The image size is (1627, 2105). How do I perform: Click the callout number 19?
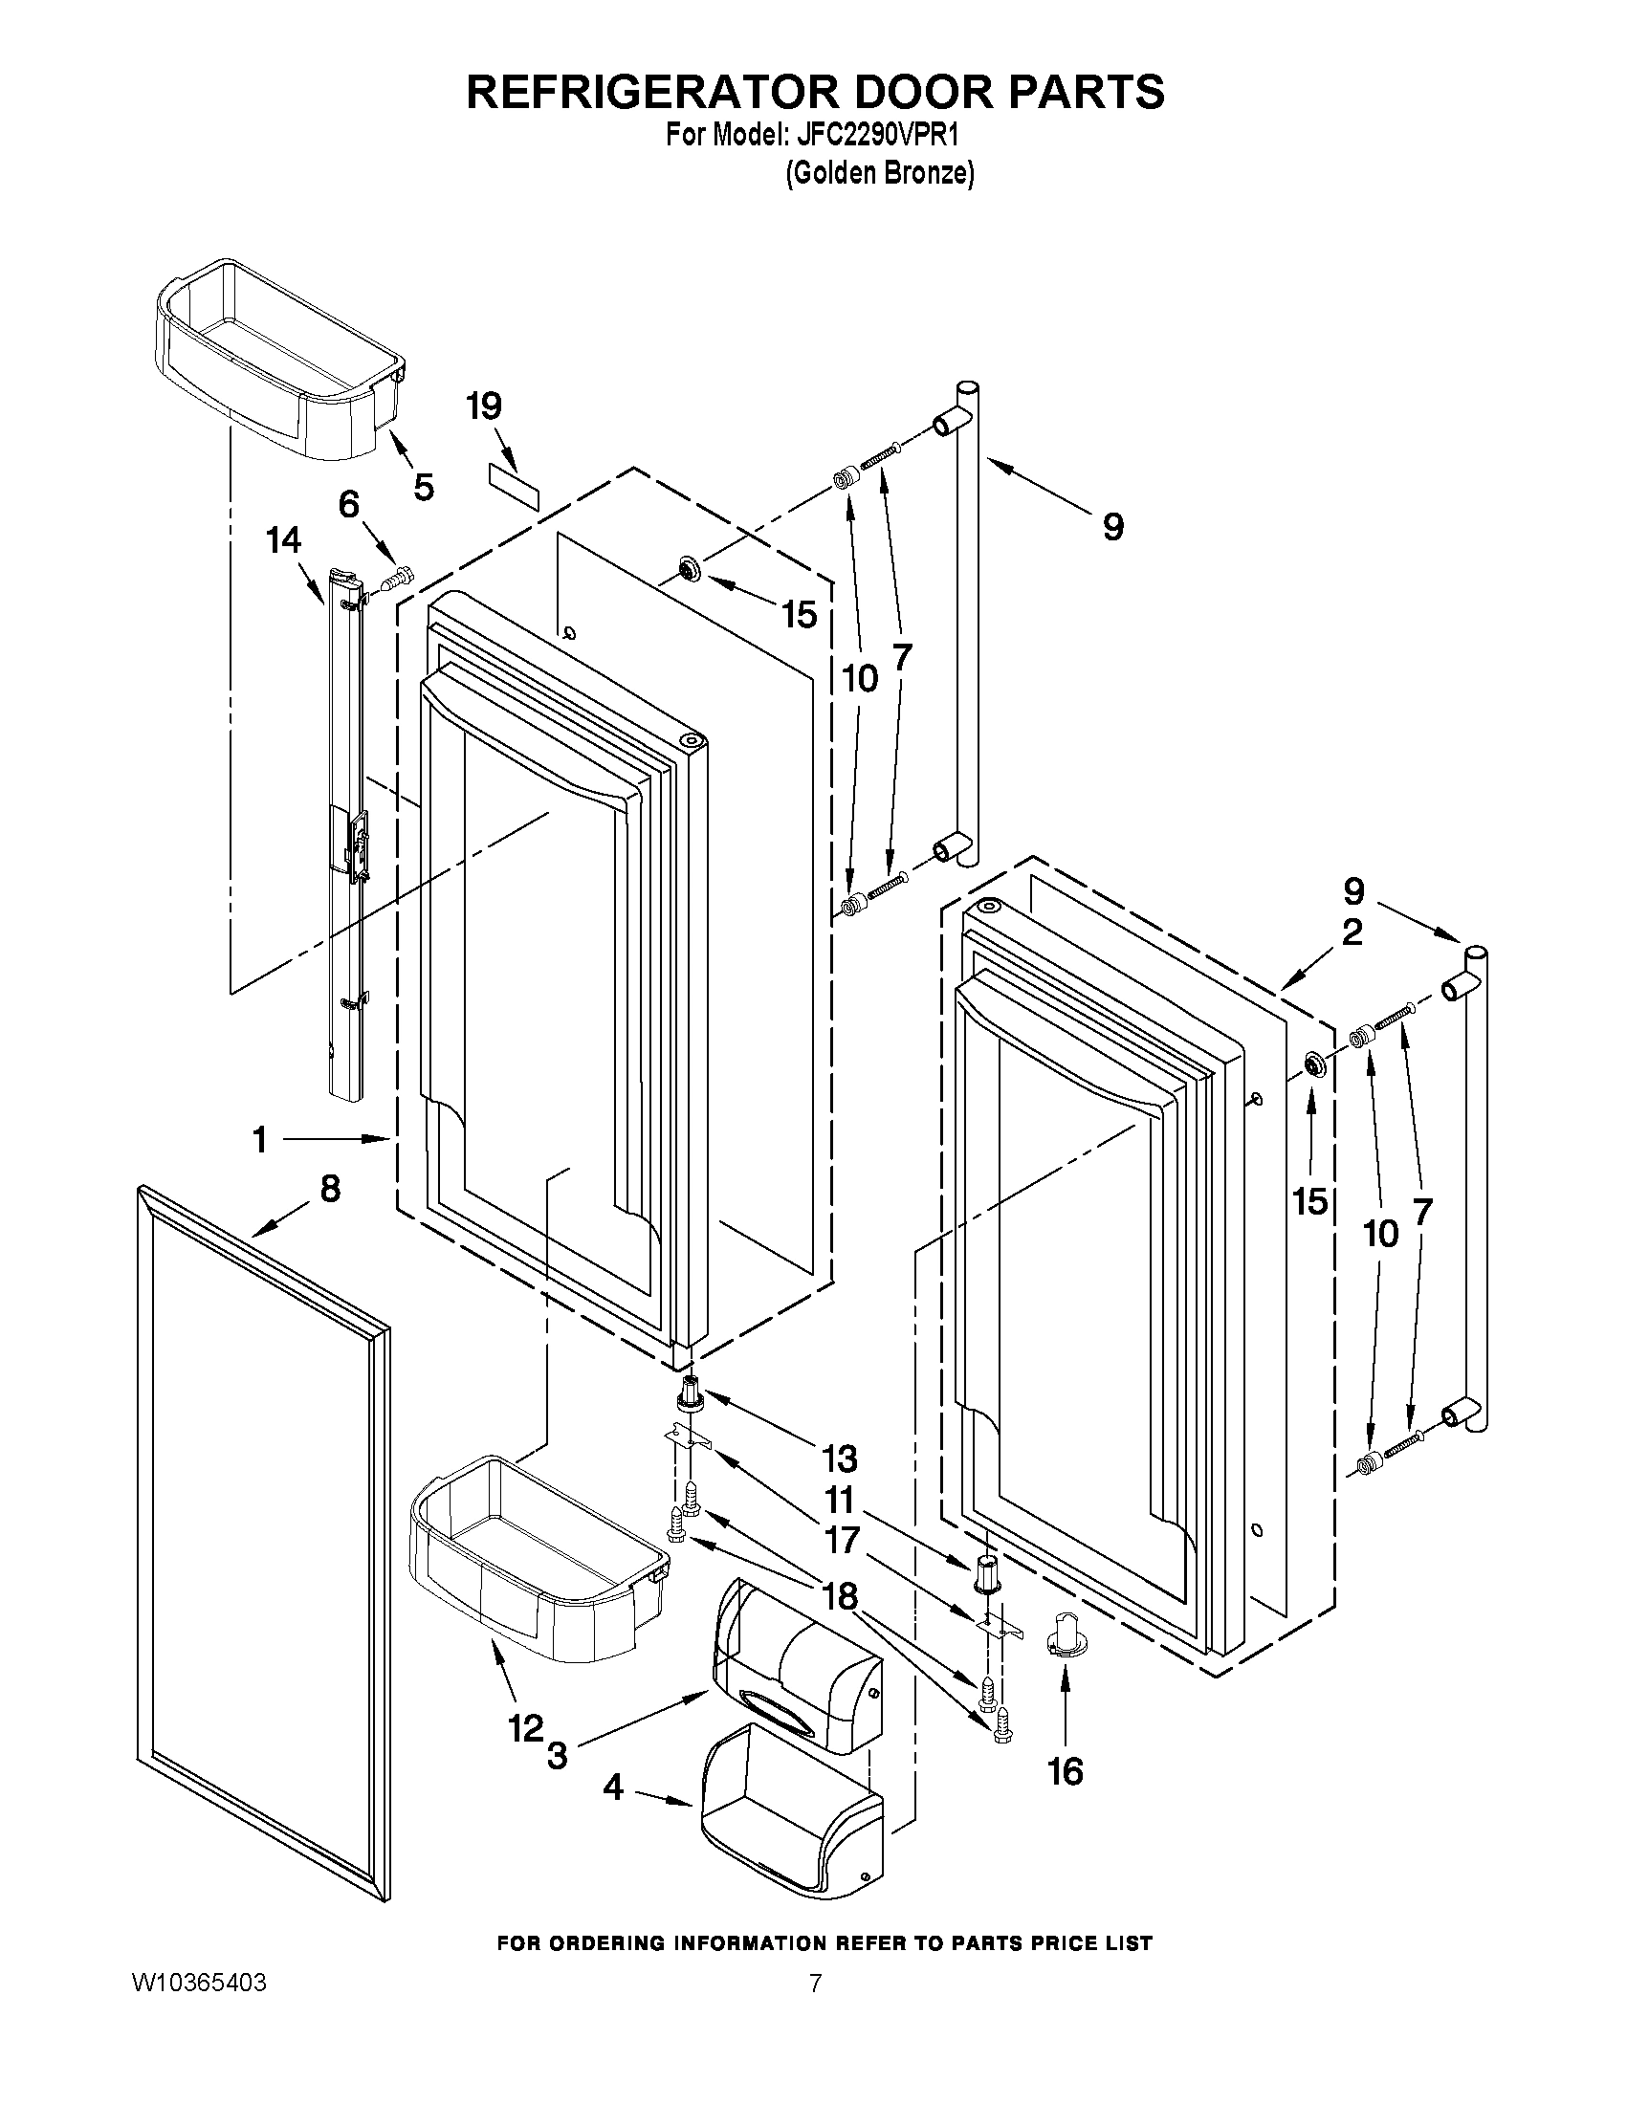pyautogui.click(x=484, y=406)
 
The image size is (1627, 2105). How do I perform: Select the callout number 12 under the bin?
pyautogui.click(x=526, y=1728)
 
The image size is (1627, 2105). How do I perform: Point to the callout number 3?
pyautogui.click(x=557, y=1755)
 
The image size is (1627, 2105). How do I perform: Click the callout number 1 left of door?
pyautogui.click(x=259, y=1140)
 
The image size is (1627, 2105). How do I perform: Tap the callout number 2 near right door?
pyautogui.click(x=1352, y=932)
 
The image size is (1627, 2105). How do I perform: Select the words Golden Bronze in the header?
pyautogui.click(x=879, y=173)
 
